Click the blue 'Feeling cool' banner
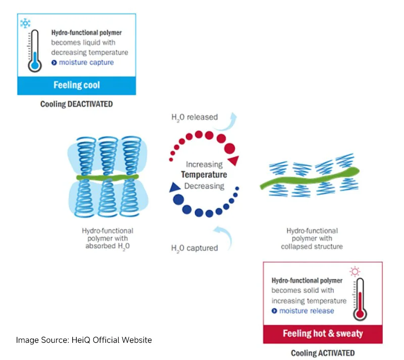76,85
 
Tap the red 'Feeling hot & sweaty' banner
322,334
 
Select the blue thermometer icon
34,51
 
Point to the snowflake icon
25,23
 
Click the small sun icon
355,271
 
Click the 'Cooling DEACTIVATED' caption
76,104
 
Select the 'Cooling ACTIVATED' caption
323,353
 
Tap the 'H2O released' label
194,117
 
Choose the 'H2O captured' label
194,248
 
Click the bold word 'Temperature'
204,175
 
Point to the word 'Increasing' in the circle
204,164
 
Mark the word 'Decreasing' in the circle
204,186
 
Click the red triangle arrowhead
233,161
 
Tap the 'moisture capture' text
86,62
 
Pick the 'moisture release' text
307,310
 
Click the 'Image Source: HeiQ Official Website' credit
84,340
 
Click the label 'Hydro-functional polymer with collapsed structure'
312,239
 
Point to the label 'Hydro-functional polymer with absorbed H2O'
108,239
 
